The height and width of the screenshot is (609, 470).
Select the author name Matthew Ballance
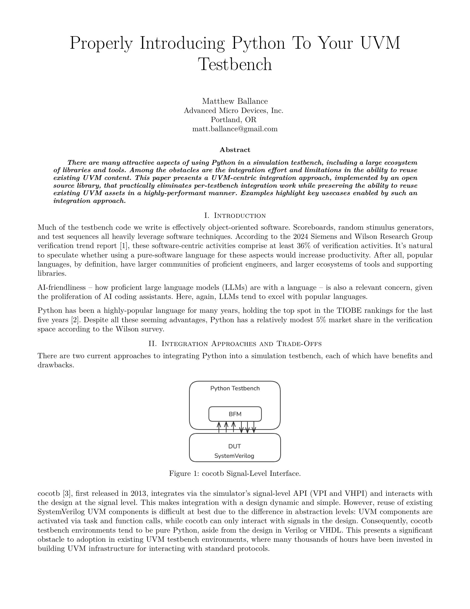pyautogui.click(x=235, y=101)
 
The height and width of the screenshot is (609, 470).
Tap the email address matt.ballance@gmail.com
pyautogui.click(x=235, y=129)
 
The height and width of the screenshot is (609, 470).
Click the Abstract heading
pyautogui.click(x=235, y=150)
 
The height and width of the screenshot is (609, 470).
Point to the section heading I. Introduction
pyautogui.click(x=235, y=216)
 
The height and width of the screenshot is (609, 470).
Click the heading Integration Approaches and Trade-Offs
pyautogui.click(x=241, y=344)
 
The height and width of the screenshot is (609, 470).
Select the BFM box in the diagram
pyautogui.click(x=235, y=414)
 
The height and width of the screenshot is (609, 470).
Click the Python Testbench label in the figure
pyautogui.click(x=235, y=388)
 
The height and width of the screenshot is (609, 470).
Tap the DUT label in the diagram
pyautogui.click(x=234, y=447)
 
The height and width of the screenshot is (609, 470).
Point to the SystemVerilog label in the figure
pyautogui.click(x=234, y=456)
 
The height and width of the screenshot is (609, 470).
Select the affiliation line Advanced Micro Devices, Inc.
pyautogui.click(x=233, y=111)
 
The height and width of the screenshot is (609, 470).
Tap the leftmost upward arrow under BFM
pyautogui.click(x=219, y=427)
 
